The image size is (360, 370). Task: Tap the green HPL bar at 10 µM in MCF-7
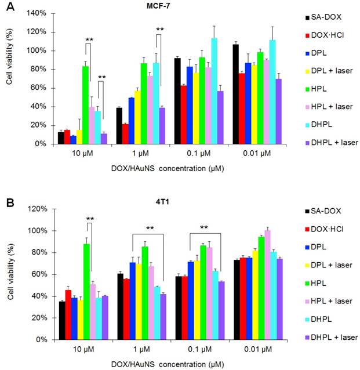coord(85,105)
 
